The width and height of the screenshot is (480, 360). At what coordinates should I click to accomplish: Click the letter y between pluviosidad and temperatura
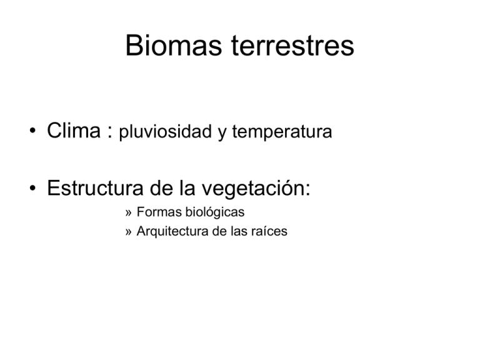click(x=222, y=134)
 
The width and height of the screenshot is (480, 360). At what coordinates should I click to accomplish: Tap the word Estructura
click(x=97, y=187)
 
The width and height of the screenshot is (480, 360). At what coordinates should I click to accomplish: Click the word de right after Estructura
click(x=165, y=187)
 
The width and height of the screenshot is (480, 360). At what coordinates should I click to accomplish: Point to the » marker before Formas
click(x=128, y=214)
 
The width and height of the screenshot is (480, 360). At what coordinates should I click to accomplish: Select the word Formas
click(x=157, y=213)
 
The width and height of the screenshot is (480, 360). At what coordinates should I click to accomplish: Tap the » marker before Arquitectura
click(x=128, y=232)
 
